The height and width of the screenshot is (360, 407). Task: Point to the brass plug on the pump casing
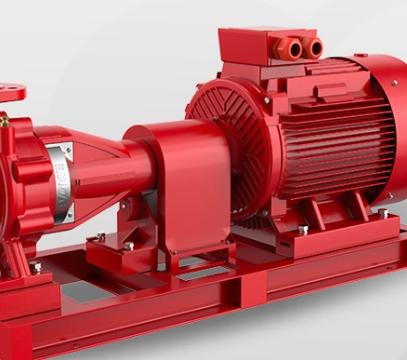(4, 120)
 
